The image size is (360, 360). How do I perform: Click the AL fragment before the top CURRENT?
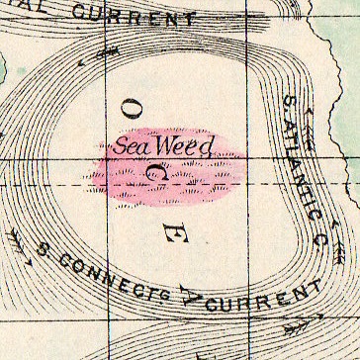click(x=19, y=8)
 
